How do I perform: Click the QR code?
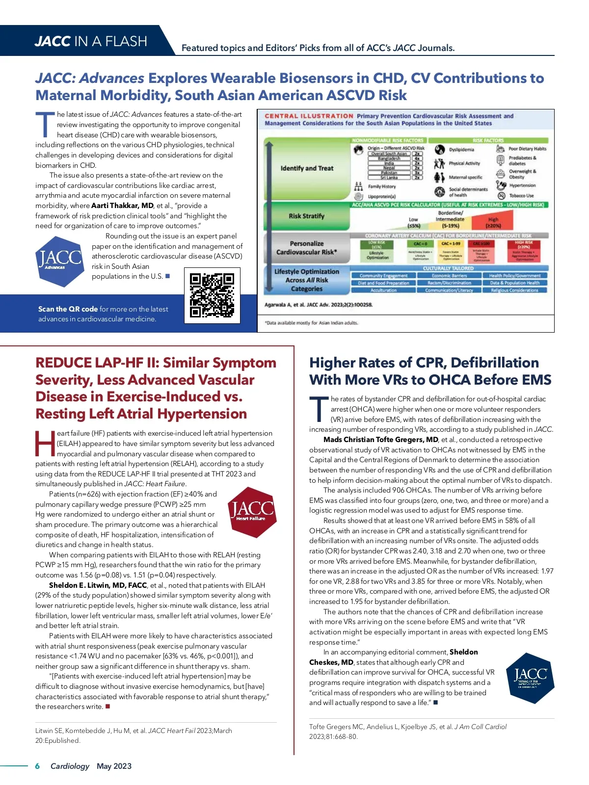pos(212,295)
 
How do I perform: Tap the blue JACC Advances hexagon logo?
pos(59,261)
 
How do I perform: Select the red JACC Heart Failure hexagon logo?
pos(252,512)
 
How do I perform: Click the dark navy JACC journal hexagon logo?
pos(530,678)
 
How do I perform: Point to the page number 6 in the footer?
pos(37,766)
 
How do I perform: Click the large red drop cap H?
pos(45,444)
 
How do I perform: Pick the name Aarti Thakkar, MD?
pos(122,206)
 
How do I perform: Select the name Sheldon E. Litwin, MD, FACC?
pos(98,585)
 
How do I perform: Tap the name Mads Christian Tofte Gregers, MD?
pos(381,440)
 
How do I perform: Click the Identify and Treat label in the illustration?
pos(307,168)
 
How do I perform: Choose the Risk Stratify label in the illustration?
pos(306,216)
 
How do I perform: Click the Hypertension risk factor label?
pos(522,185)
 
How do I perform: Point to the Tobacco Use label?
pos(521,195)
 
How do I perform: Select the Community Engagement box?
pos(383,276)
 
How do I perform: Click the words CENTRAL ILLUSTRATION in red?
pos(309,116)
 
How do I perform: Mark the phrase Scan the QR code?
pos(68,309)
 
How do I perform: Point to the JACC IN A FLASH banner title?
pos(91,41)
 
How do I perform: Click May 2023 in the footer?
pos(114,766)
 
